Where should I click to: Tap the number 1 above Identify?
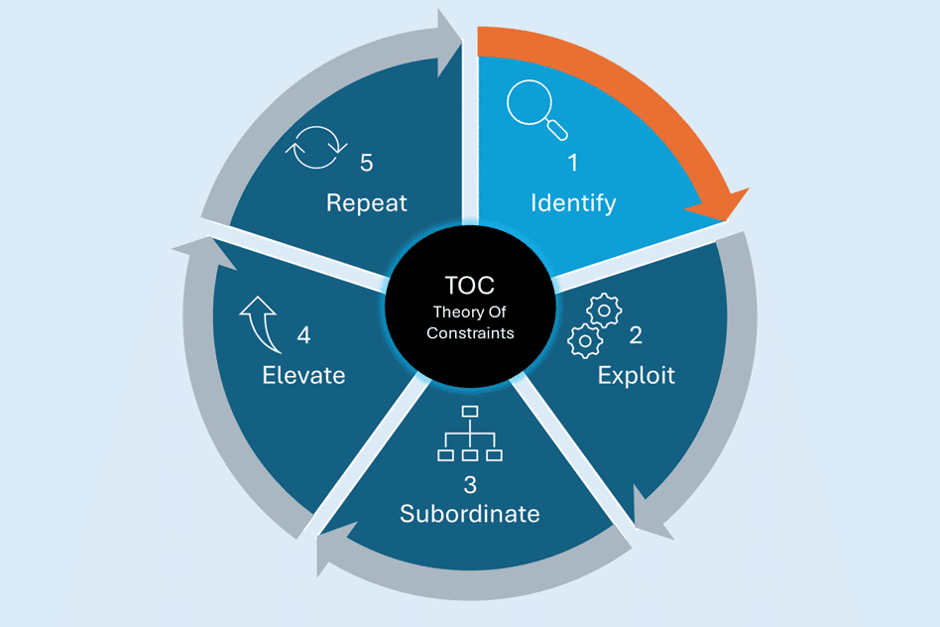[572, 163]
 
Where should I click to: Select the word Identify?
[573, 203]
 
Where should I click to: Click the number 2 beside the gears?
[636, 335]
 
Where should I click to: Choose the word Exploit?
[637, 375]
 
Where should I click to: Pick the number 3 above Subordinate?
[470, 485]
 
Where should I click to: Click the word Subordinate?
[470, 514]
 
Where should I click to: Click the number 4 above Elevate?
[303, 336]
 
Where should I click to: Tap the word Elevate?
[303, 375]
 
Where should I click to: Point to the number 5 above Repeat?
[366, 162]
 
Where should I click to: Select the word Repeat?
[367, 202]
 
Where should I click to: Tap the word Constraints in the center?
[470, 333]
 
